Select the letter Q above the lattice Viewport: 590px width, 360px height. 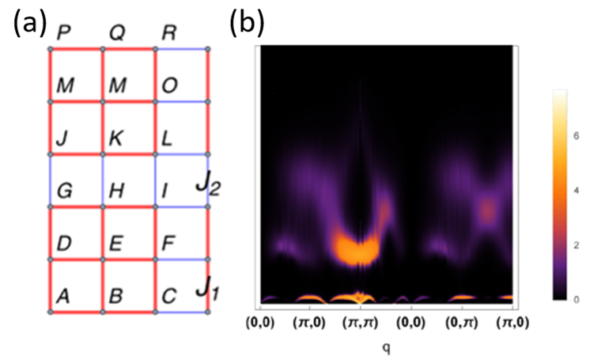(x=116, y=32)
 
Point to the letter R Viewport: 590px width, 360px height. (x=168, y=32)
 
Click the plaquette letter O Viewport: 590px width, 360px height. (x=169, y=85)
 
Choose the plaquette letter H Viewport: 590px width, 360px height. (x=116, y=191)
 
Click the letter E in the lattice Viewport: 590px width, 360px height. (x=115, y=243)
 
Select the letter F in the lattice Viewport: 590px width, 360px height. (x=168, y=243)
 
